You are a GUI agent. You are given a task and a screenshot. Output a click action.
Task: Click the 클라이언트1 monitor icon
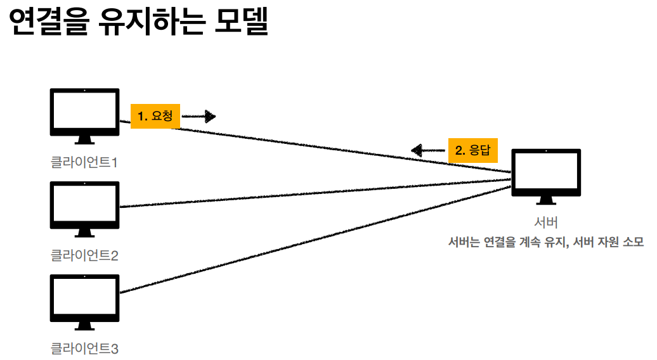84,112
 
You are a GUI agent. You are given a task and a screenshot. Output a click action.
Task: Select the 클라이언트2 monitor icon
84,205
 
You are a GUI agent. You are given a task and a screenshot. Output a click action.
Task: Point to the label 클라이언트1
84,162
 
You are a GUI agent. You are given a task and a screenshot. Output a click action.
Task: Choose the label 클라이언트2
84,255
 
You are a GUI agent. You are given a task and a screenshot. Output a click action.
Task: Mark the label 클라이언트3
84,348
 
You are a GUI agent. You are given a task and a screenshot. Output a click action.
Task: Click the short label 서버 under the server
546,222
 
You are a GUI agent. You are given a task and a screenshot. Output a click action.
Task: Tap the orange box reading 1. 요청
155,116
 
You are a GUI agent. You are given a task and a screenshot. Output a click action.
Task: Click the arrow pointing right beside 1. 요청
199,116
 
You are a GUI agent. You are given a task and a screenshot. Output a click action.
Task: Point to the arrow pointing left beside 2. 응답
427,150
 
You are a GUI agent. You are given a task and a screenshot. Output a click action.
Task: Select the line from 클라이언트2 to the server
317,194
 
